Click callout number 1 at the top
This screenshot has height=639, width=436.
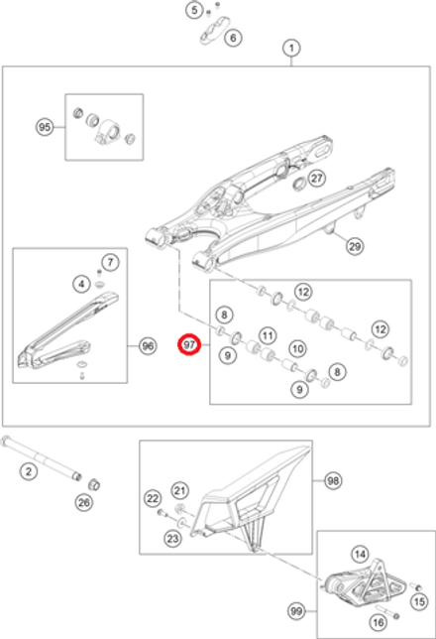coord(291,47)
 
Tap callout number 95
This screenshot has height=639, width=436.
coord(45,127)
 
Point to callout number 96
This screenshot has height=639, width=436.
coord(147,346)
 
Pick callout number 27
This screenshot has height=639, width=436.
coord(315,179)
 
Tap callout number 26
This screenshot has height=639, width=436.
coord(83,503)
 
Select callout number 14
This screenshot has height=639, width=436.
coord(360,555)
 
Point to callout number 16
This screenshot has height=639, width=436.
coord(378,621)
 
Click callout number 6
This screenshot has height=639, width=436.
coord(233,39)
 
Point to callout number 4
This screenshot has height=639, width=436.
coord(81,284)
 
